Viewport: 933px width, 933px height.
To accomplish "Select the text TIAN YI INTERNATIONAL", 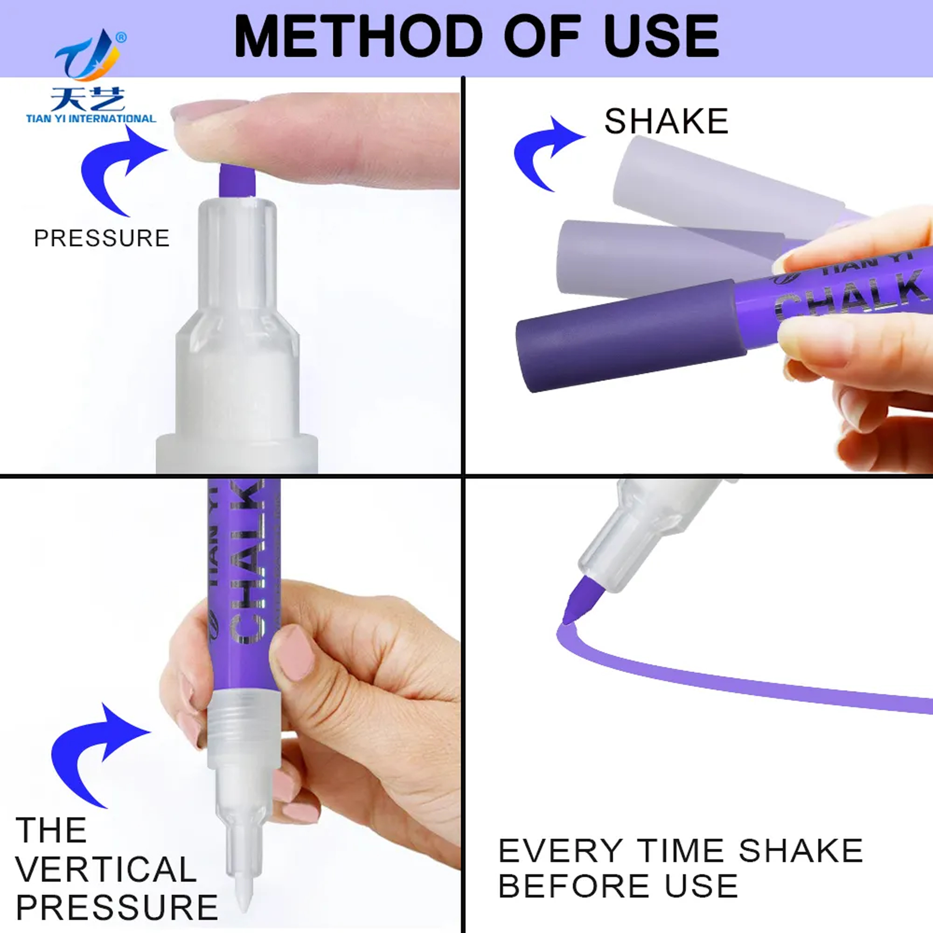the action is pos(91,118).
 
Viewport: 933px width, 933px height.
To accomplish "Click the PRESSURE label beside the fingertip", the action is pos(102,238).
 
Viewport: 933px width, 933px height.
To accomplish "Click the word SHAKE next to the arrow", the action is pos(666,121).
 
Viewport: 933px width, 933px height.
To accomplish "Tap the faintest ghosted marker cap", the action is pos(724,186).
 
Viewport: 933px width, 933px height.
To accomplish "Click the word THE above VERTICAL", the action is pos(51,831).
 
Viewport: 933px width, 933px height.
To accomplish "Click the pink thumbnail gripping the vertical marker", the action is pos(292,653).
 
